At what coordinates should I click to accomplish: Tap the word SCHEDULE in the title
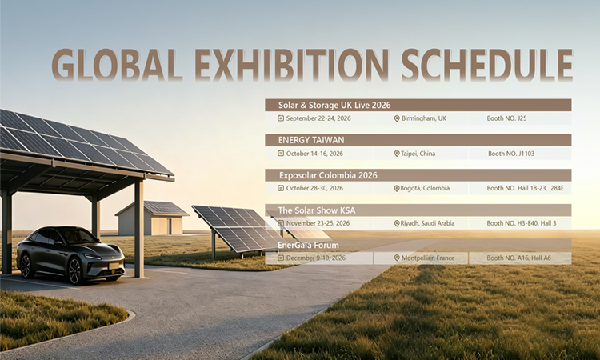[x=486, y=65]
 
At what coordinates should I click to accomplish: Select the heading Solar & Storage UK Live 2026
[x=334, y=106]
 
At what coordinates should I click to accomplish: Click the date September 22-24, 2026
[x=318, y=118]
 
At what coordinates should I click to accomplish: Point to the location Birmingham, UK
[x=424, y=118]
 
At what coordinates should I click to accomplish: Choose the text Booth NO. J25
[x=506, y=118]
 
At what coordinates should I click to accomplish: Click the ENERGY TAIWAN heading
[x=311, y=140]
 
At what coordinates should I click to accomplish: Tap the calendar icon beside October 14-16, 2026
[x=281, y=154]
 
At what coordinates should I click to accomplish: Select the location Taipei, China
[x=418, y=154]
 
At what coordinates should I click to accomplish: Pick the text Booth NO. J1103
[x=511, y=154]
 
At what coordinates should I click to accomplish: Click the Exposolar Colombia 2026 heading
[x=328, y=176]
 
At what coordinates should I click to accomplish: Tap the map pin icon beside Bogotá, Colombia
[x=397, y=188]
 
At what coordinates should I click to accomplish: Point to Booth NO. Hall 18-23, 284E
[x=525, y=188]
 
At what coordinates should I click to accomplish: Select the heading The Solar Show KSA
[x=317, y=210]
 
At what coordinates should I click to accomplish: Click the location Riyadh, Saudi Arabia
[x=427, y=223]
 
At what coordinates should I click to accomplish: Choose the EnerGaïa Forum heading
[x=308, y=246]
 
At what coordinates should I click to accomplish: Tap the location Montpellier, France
[x=428, y=258]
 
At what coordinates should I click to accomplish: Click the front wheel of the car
[x=75, y=270]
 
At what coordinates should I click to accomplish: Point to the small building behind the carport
[x=152, y=218]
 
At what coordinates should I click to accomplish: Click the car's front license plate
[x=114, y=266]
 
